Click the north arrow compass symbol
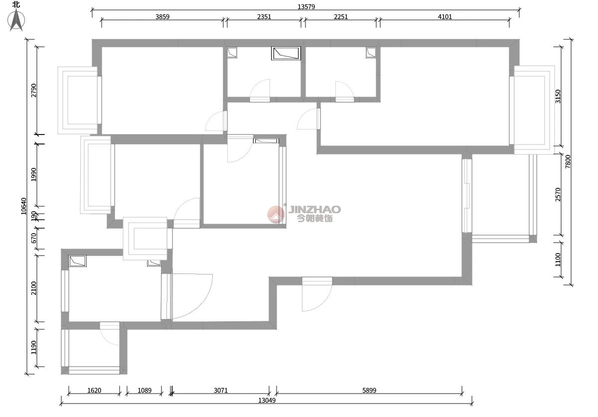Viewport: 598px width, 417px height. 16,20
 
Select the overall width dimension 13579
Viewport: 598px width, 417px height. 306,6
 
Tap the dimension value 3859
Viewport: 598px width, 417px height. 162,17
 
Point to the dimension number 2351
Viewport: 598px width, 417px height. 264,17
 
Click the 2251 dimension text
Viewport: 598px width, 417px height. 341,17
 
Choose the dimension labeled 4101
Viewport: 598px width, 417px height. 445,17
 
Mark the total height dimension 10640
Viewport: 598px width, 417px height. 24,206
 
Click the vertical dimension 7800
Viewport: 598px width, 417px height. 568,161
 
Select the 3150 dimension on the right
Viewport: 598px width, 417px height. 558,96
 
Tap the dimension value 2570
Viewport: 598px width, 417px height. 558,195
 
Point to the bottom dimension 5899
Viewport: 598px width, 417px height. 369,390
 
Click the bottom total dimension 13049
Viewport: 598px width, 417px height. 267,400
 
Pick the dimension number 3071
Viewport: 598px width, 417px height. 221,390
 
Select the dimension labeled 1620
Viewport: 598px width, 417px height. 94,390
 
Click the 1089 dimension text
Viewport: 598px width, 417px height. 145,390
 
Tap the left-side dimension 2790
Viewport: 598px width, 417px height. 34,91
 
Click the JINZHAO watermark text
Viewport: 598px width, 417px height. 314,209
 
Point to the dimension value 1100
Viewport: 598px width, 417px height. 558,260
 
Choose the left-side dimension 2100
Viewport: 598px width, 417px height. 34,288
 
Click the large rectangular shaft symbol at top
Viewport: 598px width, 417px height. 286,53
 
